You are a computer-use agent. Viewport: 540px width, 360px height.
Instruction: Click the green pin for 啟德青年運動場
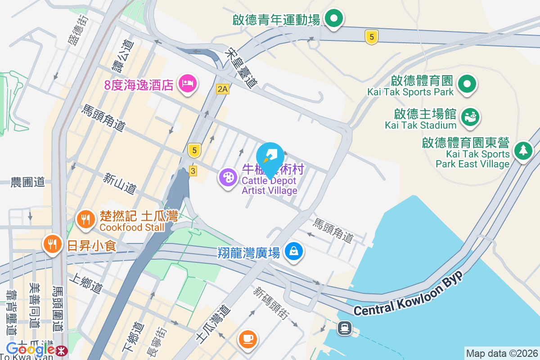[334, 19]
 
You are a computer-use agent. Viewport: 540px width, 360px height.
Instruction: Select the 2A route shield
[222, 89]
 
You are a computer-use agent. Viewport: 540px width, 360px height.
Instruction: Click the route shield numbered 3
[193, 171]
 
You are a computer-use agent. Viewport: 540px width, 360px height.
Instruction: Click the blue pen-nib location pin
[270, 157]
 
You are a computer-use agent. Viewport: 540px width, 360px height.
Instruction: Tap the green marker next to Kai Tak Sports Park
[467, 84]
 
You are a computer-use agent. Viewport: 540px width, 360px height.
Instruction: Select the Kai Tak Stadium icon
[470, 117]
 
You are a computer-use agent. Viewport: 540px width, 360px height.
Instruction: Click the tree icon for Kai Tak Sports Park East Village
[523, 150]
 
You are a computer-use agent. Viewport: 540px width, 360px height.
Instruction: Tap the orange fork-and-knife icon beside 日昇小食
[53, 244]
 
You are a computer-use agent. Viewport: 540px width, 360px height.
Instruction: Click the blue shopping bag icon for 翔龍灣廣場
[294, 251]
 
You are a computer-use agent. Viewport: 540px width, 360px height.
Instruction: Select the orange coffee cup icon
[247, 338]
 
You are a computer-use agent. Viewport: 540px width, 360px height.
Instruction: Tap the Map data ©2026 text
[502, 353]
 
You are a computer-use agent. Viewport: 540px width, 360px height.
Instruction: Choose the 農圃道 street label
[28, 182]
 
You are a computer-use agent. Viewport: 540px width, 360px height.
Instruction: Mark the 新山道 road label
[119, 184]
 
